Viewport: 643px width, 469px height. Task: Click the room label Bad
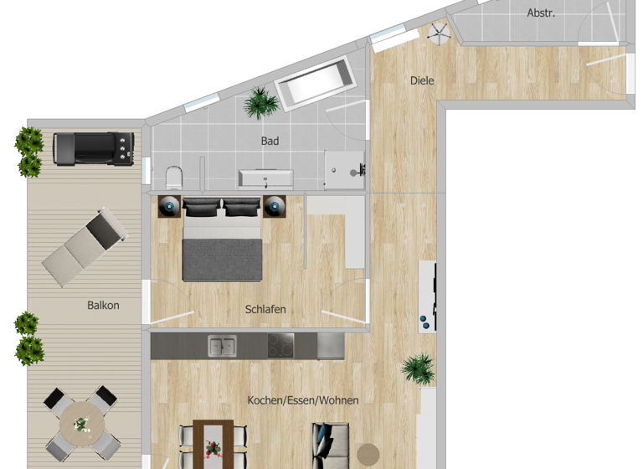point(270,142)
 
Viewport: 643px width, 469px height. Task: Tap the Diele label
point(422,80)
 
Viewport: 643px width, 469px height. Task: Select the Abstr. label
point(541,13)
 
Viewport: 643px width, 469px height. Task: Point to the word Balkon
point(103,306)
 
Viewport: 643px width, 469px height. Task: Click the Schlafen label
point(265,309)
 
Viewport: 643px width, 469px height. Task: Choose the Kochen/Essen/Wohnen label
point(302,400)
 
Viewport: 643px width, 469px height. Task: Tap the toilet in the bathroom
point(174,176)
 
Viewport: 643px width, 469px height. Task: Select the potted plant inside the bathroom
point(261,104)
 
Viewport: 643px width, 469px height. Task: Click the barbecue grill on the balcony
point(92,148)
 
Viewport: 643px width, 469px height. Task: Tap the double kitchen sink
point(222,345)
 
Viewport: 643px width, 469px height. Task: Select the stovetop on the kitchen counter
point(280,345)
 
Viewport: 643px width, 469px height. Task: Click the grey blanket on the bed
point(223,259)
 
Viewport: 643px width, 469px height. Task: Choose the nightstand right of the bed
point(275,205)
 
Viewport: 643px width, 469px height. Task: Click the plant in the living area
point(417,368)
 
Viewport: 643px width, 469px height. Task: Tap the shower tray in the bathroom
point(344,171)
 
